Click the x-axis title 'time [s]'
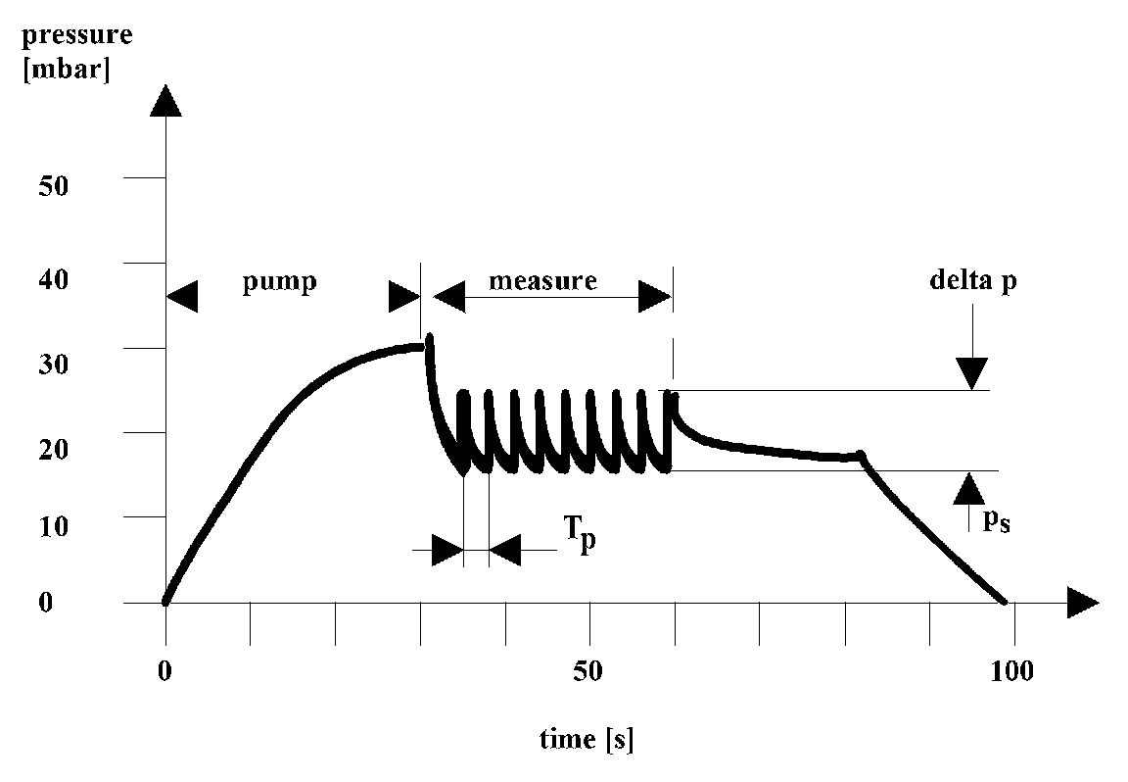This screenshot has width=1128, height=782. pos(587,739)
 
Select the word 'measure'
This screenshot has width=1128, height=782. pos(542,281)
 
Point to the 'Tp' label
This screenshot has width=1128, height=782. pos(577,538)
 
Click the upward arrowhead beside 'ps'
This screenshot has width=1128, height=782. pos(969,487)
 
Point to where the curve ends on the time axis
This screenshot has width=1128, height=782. pos(1004,601)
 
